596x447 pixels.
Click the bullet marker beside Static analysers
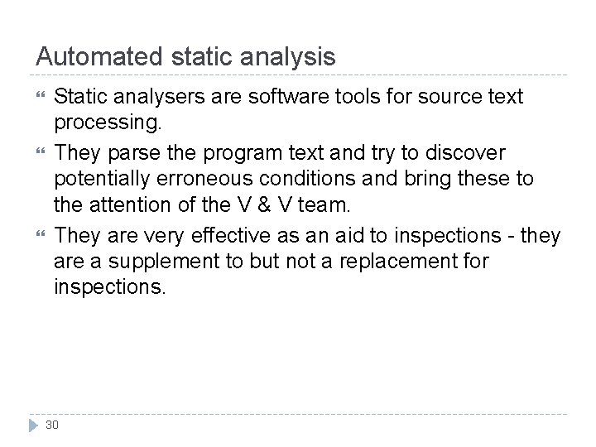(x=38, y=98)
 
